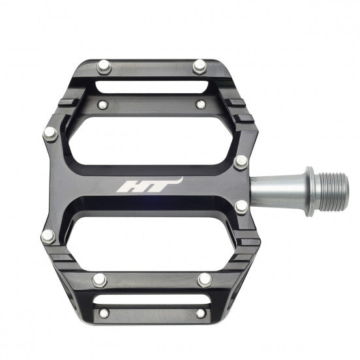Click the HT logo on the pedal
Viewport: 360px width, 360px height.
(149, 186)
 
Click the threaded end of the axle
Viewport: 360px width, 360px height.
(334, 190)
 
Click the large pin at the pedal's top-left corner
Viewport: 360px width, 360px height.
(104, 66)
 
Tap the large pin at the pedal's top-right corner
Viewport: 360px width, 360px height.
(200, 66)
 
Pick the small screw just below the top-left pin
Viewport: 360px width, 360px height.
(103, 104)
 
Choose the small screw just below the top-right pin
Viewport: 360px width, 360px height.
(201, 104)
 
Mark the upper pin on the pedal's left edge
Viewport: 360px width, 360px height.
(50, 134)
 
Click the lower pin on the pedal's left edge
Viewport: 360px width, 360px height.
(48, 236)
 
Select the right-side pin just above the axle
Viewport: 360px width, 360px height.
(241, 161)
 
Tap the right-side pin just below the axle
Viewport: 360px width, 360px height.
(241, 207)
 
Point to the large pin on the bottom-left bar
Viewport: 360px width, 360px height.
(99, 279)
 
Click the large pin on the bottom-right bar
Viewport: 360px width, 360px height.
(205, 279)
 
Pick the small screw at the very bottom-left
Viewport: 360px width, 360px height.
(104, 313)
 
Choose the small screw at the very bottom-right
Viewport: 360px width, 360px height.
(200, 313)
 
